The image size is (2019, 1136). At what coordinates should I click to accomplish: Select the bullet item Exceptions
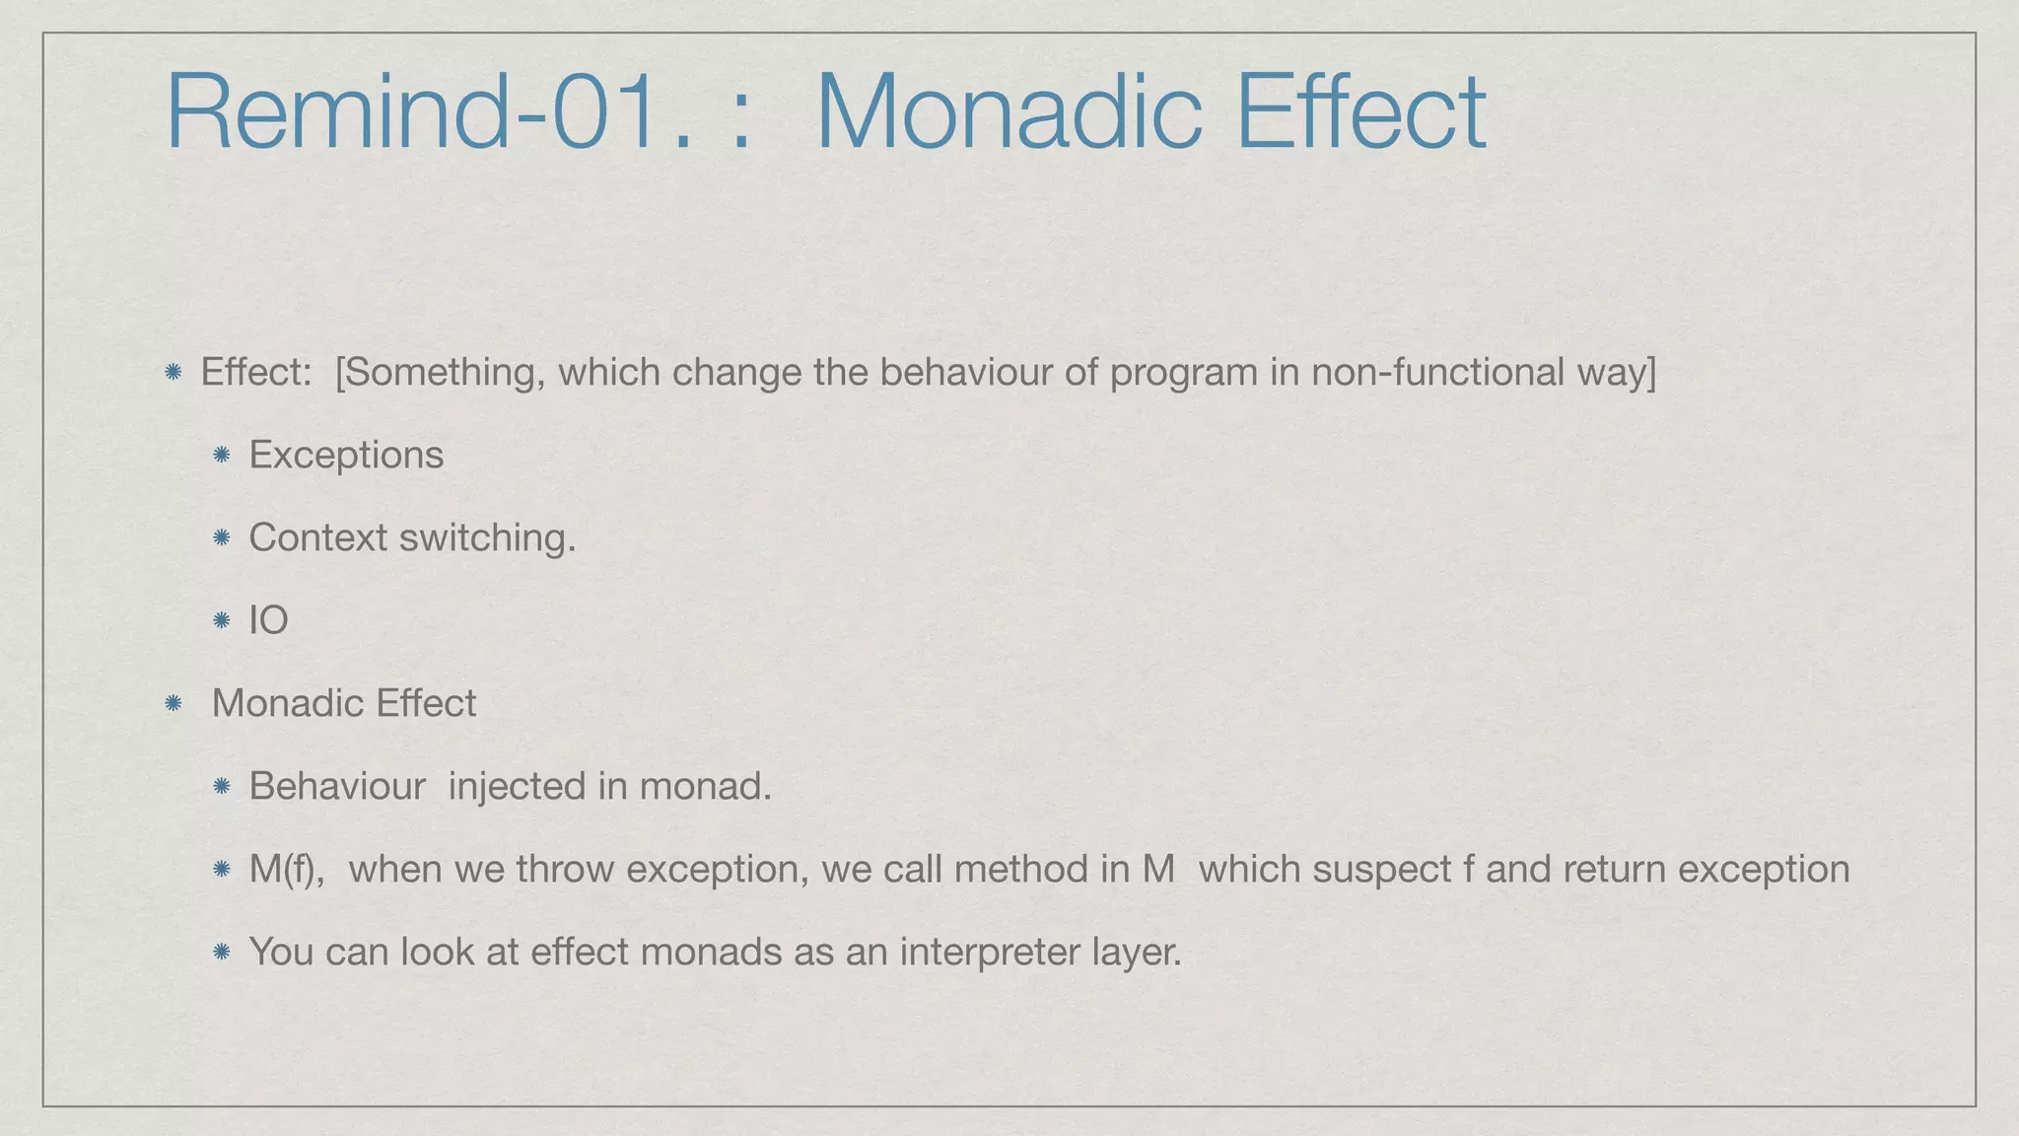(x=346, y=455)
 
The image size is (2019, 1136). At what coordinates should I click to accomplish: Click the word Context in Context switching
(x=317, y=537)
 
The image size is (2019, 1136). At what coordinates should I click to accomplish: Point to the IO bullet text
(x=268, y=620)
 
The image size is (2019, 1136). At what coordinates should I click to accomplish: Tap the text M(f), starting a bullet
(x=287, y=870)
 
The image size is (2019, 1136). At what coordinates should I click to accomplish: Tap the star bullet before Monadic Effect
(x=174, y=703)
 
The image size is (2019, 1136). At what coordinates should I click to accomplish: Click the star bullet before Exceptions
(x=222, y=455)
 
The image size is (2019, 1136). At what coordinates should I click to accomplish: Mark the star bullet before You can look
(x=222, y=952)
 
